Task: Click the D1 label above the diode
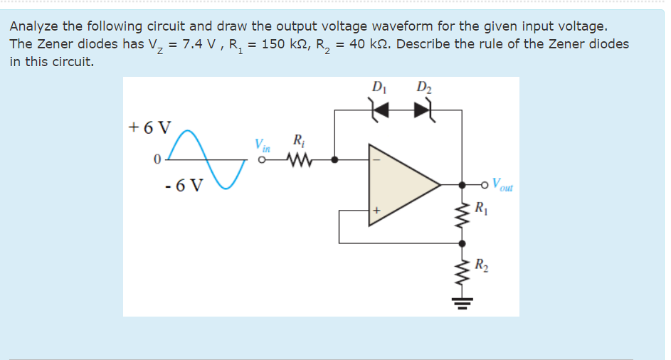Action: [377, 88]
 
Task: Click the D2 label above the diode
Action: [423, 88]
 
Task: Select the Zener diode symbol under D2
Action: [423, 110]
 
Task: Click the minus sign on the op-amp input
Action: [377, 161]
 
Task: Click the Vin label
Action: [263, 146]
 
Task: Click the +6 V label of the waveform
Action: [149, 128]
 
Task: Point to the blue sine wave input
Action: [206, 160]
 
